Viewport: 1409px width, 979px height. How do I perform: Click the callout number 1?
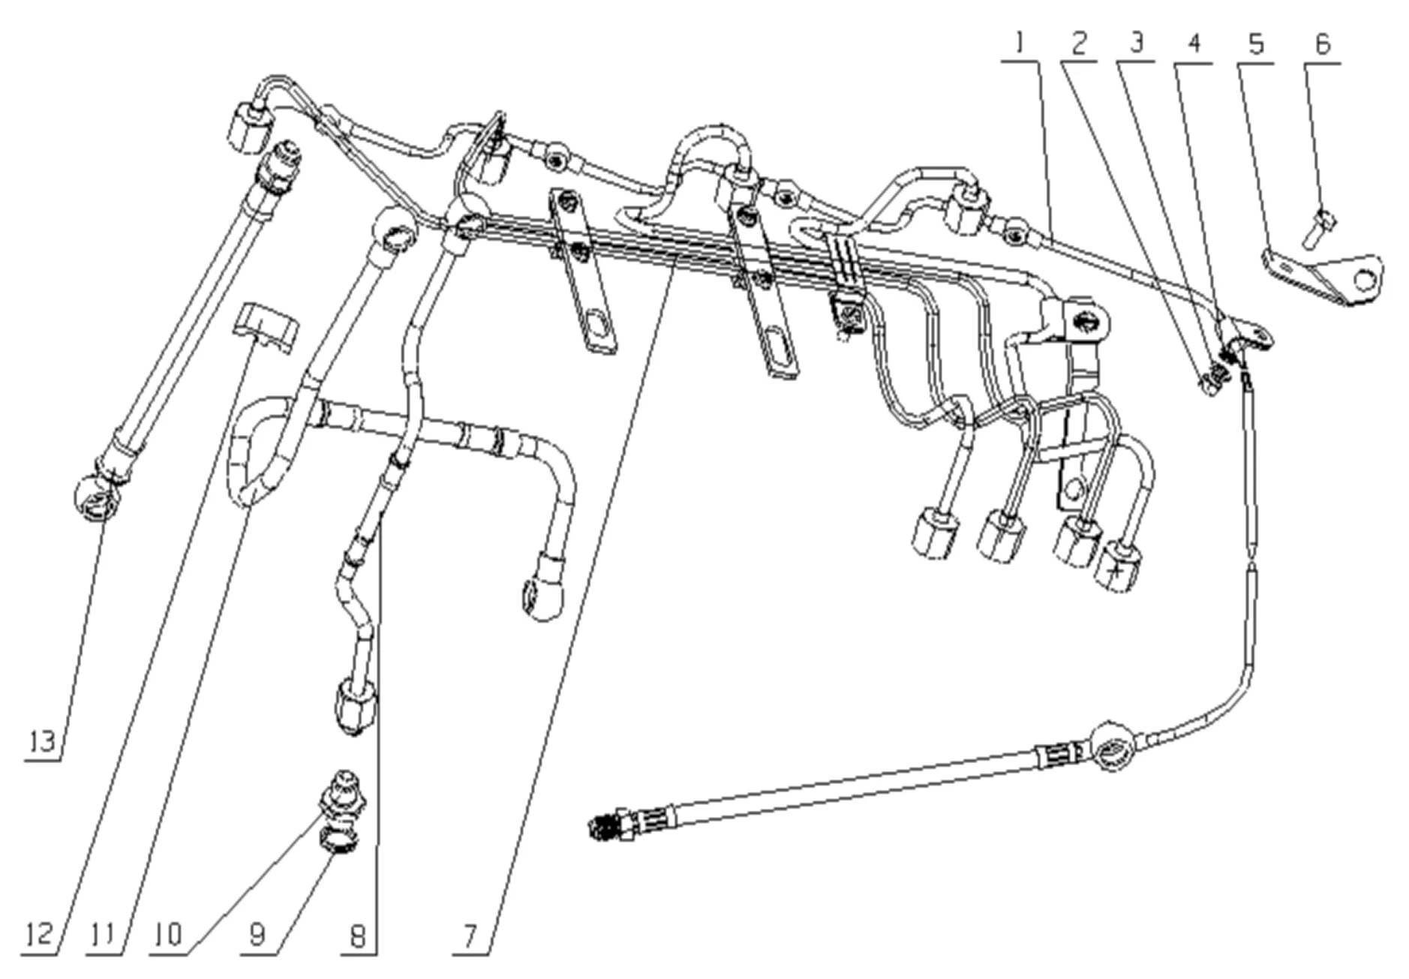click(1019, 44)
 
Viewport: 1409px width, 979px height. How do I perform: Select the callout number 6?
click(1323, 44)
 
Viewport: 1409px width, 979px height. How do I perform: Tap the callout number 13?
click(42, 742)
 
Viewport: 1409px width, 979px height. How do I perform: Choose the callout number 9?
click(257, 935)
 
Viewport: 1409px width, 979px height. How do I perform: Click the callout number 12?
click(39, 935)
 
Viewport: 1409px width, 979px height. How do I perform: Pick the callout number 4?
click(1194, 44)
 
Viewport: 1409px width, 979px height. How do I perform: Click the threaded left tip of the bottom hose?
click(606, 828)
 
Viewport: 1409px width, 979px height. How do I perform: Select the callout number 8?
click(358, 935)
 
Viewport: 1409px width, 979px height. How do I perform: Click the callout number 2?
click(1079, 44)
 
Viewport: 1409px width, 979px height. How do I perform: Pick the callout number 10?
click(168, 935)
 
